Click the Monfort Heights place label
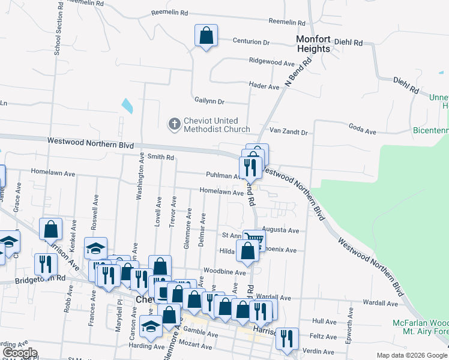pyautogui.click(x=313, y=44)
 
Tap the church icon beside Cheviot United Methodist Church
pyautogui.click(x=174, y=125)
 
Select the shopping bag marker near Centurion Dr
pyautogui.click(x=206, y=36)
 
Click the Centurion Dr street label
pyautogui.click(x=252, y=42)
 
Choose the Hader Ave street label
pyautogui.click(x=265, y=86)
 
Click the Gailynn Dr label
pyautogui.click(x=209, y=101)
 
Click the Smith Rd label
pyautogui.click(x=160, y=157)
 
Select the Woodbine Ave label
pyautogui.click(x=224, y=272)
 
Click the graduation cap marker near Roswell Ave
pyautogui.click(x=95, y=248)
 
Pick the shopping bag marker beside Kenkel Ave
pyautogui.click(x=51, y=229)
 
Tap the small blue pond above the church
pyautogui.click(x=127, y=106)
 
